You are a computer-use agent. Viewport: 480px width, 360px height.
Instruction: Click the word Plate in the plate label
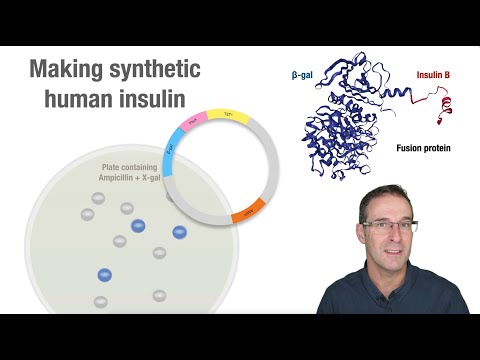[113, 166]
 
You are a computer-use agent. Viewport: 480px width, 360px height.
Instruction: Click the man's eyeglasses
[390, 227]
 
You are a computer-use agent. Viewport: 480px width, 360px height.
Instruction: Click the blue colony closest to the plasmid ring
[180, 232]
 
